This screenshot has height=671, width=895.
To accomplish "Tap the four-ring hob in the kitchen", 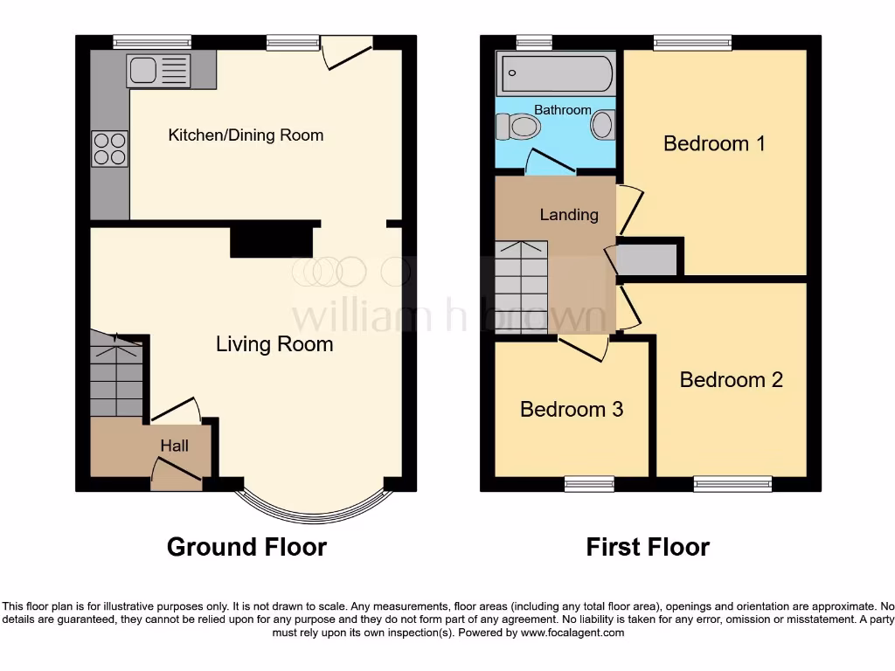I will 109,148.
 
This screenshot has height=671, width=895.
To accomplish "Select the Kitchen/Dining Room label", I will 246,135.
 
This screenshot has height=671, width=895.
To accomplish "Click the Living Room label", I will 274,344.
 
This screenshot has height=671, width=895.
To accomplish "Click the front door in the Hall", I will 177,472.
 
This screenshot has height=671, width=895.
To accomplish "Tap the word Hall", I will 174,446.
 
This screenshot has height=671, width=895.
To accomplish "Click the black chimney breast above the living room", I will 271,239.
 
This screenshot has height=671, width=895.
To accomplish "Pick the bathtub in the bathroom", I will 556,73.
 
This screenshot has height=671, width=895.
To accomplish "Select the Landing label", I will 569,214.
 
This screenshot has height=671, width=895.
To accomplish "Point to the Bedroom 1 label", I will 714,143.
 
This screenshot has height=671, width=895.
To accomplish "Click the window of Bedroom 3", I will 589,484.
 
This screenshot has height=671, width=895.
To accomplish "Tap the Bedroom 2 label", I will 731,380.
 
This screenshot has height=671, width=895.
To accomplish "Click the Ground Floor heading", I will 246,547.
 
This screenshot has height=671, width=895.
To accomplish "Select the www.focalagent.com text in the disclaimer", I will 572,633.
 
